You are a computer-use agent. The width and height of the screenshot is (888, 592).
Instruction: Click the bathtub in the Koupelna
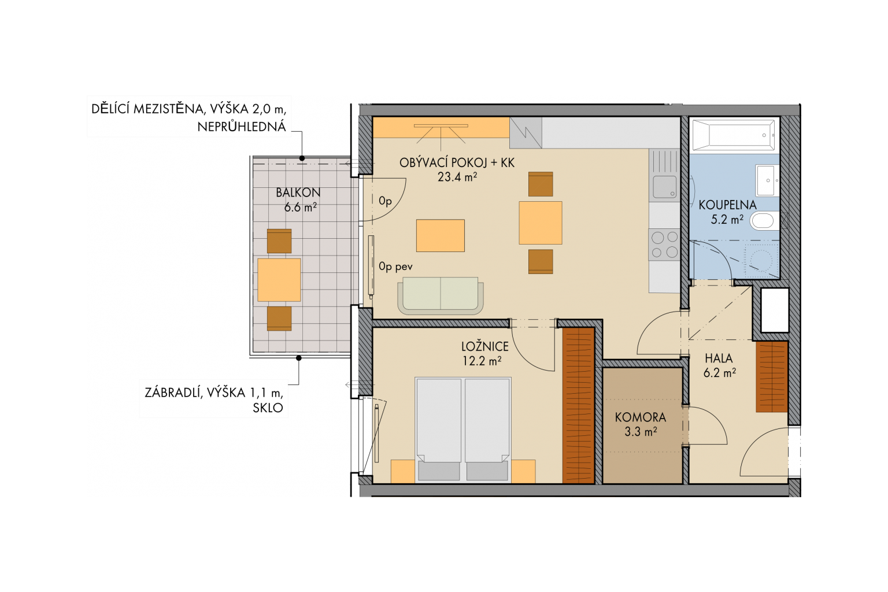(734, 135)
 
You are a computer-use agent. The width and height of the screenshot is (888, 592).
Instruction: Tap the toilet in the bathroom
(765, 221)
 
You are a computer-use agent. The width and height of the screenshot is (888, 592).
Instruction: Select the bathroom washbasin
(767, 180)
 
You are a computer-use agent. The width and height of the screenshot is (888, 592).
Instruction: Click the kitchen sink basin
(665, 186)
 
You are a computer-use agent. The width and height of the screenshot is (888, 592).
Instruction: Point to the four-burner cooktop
(664, 245)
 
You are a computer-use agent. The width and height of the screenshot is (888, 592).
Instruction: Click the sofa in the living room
(441, 295)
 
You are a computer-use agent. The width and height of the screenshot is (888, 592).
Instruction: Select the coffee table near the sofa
(441, 235)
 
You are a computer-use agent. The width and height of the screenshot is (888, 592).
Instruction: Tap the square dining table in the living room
(541, 223)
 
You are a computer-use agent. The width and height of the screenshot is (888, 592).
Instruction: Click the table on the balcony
(279, 280)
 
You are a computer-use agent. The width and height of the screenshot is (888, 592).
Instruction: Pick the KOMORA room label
(640, 417)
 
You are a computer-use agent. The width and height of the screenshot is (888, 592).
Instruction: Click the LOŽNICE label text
(485, 346)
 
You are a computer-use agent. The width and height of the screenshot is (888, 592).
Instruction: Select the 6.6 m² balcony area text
(300, 207)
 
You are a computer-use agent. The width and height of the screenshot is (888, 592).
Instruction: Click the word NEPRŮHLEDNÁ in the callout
(242, 127)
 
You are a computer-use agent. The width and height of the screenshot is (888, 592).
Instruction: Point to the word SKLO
(268, 408)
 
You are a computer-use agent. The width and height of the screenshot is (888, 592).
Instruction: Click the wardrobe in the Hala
(771, 377)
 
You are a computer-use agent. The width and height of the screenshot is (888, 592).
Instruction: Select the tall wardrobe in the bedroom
(578, 406)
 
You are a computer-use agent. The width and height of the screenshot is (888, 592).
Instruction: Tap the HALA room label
(719, 358)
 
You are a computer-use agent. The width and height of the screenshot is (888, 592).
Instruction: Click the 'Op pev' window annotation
(395, 267)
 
